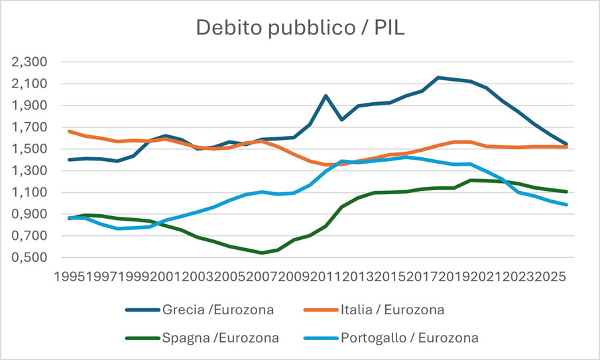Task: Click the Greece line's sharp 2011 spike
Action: coord(326,95)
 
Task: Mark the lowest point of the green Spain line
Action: coord(262,253)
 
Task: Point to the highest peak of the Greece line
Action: coord(438,78)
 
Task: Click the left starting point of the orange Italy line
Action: coord(69,131)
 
